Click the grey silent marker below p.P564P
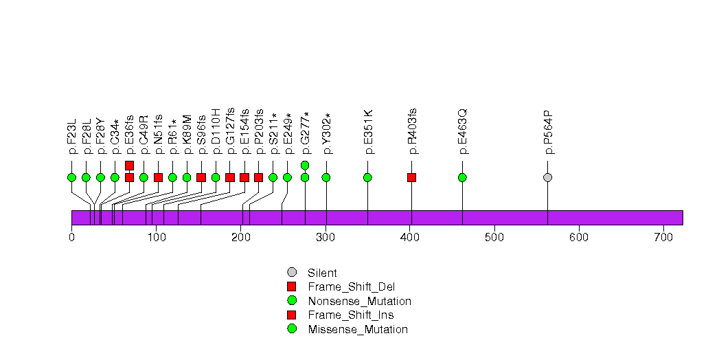point(547,177)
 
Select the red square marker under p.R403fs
point(411,177)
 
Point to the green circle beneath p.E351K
point(367,177)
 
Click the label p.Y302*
point(327,133)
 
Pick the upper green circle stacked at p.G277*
point(305,165)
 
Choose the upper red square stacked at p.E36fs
point(129,165)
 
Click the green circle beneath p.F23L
point(71,177)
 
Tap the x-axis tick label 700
point(663,238)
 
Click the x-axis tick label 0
point(71,238)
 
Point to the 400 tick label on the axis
point(410,238)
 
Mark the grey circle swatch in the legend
point(292,273)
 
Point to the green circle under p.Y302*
point(326,177)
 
